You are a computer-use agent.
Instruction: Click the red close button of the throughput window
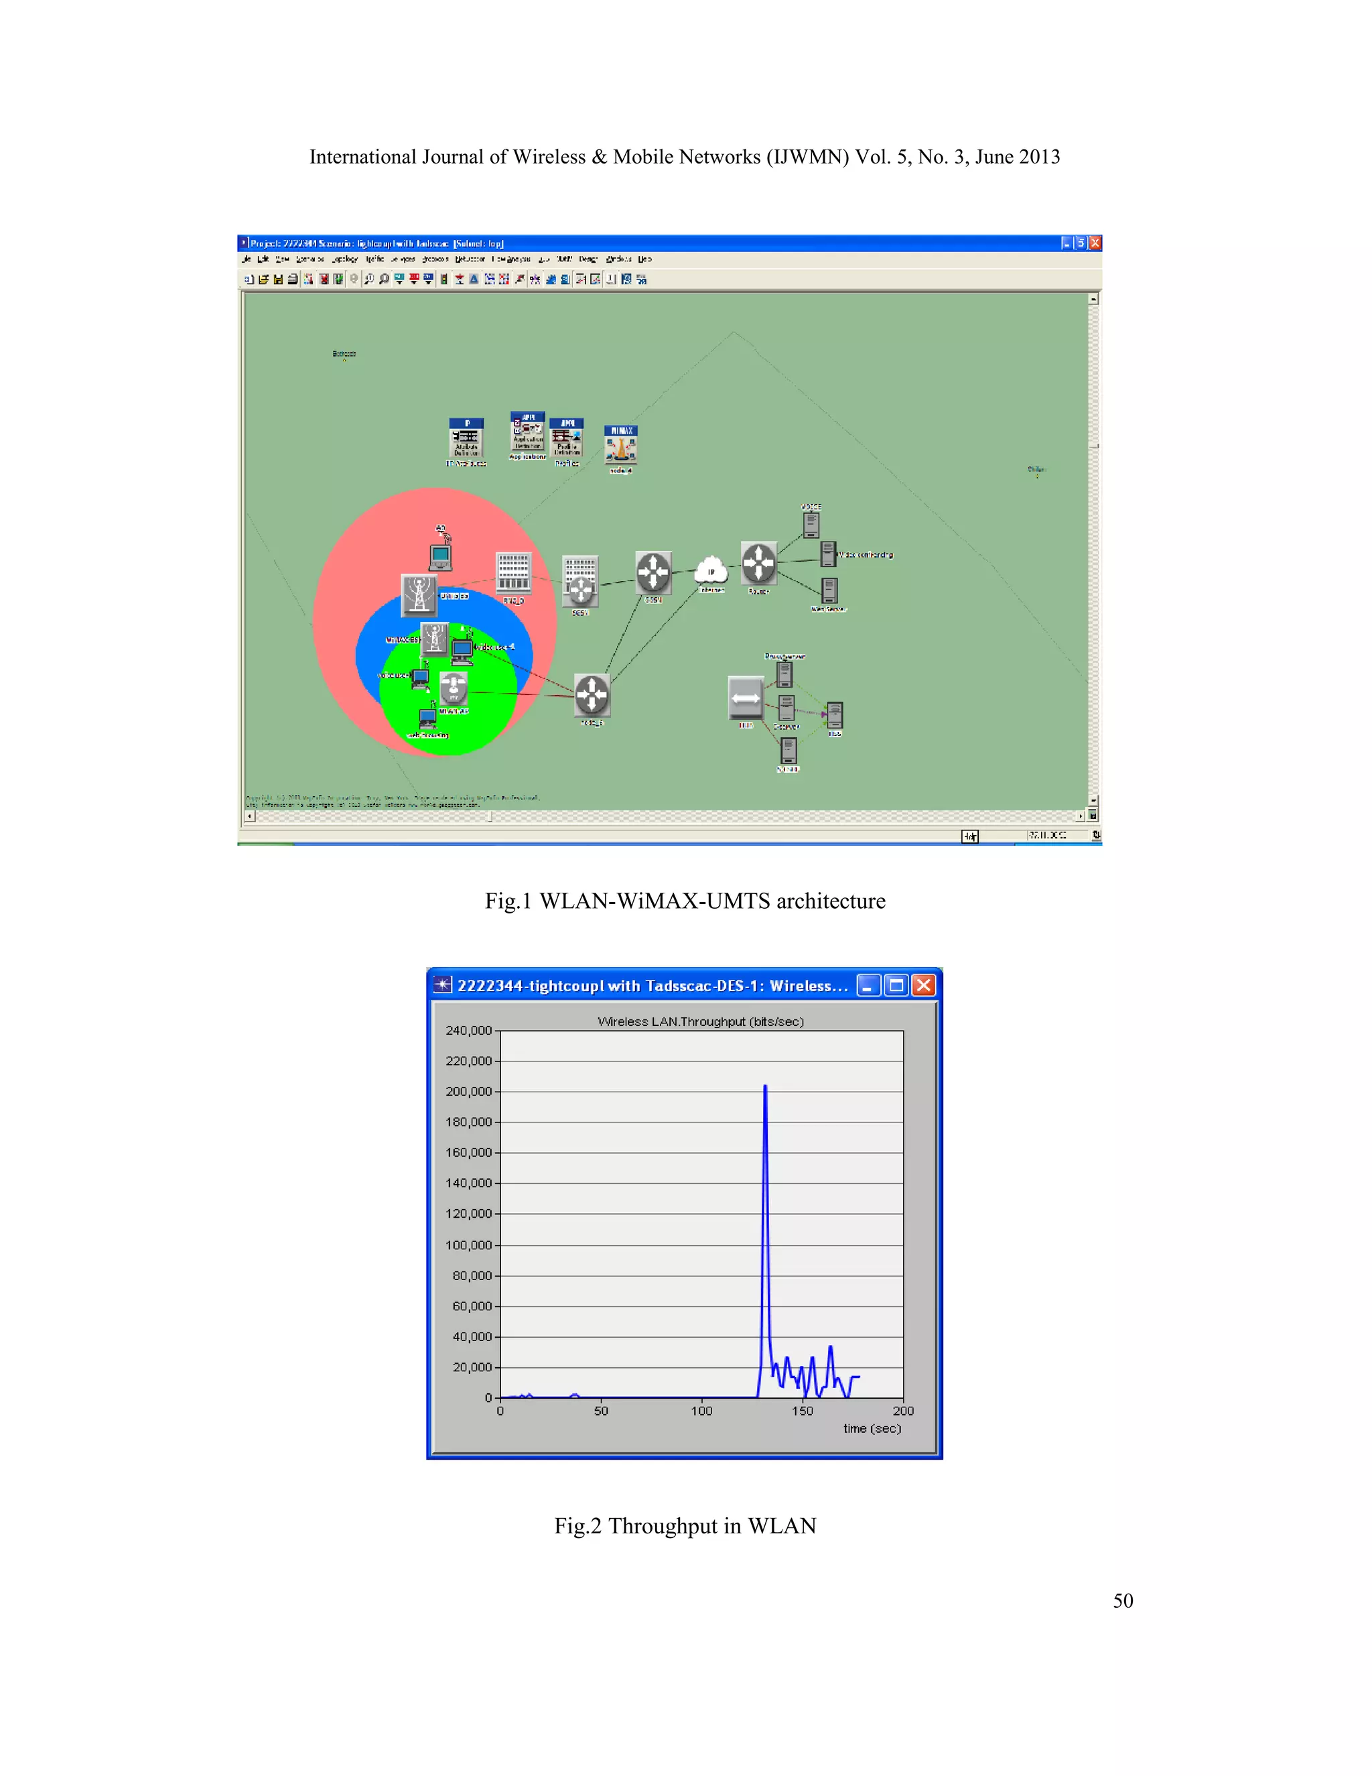click(x=923, y=986)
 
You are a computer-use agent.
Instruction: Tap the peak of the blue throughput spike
click(x=765, y=1086)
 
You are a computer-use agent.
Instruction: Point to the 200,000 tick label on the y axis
click(x=469, y=1091)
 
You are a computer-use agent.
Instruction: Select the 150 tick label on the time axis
click(x=802, y=1411)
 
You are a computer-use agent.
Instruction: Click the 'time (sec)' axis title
click(x=872, y=1429)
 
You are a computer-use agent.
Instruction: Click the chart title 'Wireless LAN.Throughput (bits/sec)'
click(x=701, y=1021)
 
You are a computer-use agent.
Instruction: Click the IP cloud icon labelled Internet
click(x=711, y=569)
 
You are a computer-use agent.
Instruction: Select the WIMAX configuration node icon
click(x=621, y=446)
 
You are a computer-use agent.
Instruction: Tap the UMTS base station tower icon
click(x=419, y=593)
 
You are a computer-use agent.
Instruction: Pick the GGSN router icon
click(x=653, y=572)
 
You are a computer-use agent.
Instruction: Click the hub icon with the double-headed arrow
click(x=746, y=697)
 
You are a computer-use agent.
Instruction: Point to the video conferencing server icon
click(x=828, y=554)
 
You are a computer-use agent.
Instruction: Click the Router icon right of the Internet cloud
click(x=759, y=563)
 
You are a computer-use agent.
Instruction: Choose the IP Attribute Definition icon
click(x=466, y=439)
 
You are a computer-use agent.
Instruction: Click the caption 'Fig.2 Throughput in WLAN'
click(x=685, y=1525)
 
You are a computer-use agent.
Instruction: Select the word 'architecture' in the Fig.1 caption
click(x=831, y=901)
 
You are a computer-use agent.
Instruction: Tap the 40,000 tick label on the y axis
click(x=472, y=1337)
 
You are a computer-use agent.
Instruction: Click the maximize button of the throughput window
click(x=896, y=986)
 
